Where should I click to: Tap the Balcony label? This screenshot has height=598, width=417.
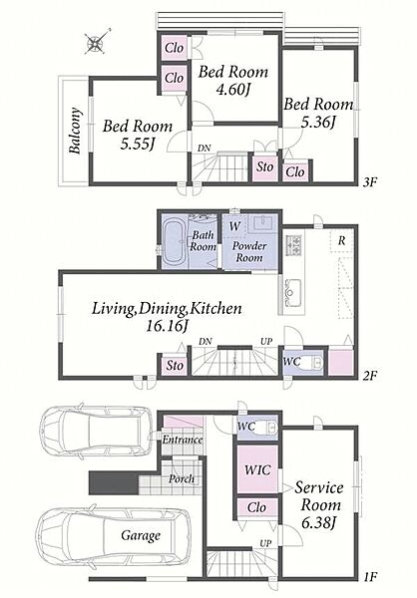click(75, 131)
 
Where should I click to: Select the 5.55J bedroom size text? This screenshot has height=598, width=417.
click(137, 144)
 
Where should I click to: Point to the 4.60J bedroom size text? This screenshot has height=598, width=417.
click(232, 90)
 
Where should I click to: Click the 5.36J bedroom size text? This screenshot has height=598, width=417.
click(318, 122)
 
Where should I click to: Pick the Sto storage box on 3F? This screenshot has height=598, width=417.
click(264, 167)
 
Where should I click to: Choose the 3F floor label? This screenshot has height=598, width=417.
click(370, 182)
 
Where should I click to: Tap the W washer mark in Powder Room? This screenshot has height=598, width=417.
click(234, 226)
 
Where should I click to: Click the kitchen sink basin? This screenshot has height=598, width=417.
click(293, 292)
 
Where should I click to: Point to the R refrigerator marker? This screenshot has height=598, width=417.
click(342, 240)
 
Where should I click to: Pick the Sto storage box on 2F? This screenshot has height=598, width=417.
click(175, 366)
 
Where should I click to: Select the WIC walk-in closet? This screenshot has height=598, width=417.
click(257, 469)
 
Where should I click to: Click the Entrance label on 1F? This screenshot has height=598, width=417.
click(183, 440)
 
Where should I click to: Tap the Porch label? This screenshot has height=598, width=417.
click(182, 478)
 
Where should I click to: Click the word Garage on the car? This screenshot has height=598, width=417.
click(141, 536)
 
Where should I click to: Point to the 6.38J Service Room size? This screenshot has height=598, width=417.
click(318, 522)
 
